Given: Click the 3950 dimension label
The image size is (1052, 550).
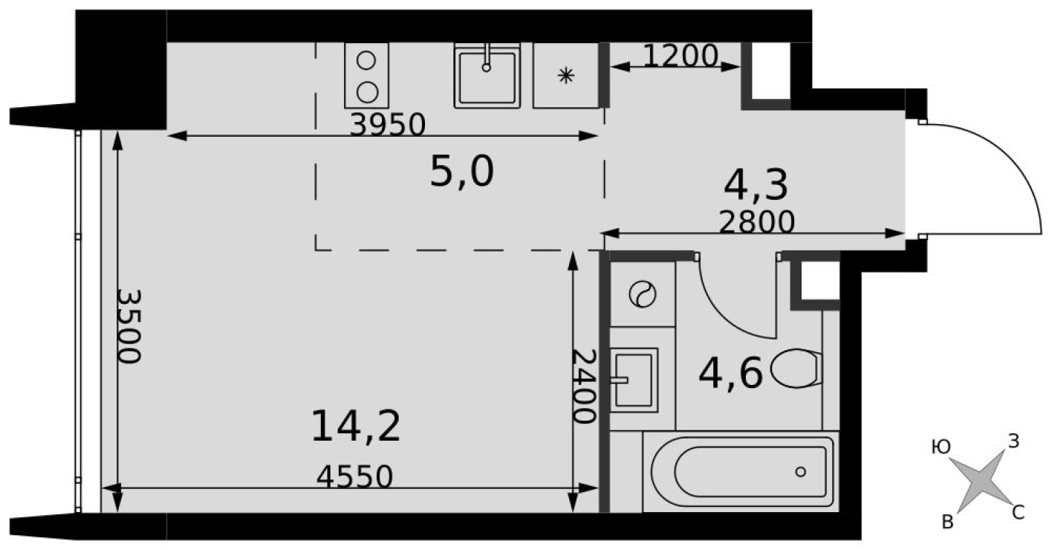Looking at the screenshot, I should pyautogui.click(x=387, y=125).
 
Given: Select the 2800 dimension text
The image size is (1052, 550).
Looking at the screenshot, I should pyautogui.click(x=757, y=221).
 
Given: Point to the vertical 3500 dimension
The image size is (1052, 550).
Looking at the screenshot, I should pyautogui.click(x=129, y=325).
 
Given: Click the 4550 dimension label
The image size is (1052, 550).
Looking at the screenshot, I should pyautogui.click(x=354, y=476).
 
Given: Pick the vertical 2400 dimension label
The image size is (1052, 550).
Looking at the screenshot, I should pyautogui.click(x=585, y=386).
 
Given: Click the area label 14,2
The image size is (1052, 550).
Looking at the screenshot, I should pyautogui.click(x=356, y=427).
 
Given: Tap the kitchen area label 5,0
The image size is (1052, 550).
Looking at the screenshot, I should pyautogui.click(x=461, y=173).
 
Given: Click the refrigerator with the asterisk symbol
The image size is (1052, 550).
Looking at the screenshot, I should pyautogui.click(x=566, y=75).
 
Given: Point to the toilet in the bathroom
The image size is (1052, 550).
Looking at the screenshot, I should pyautogui.click(x=797, y=369).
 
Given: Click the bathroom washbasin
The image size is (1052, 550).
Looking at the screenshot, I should pyautogui.click(x=634, y=380).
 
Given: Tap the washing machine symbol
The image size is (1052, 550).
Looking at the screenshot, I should pyautogui.click(x=642, y=294).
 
